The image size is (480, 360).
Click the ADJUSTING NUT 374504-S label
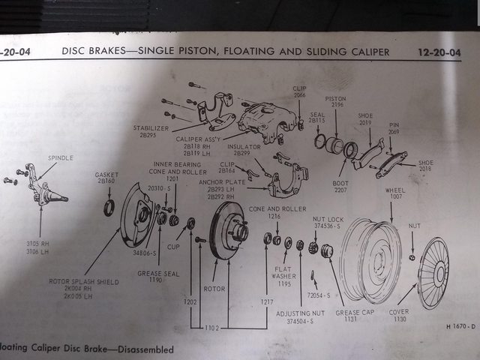[301, 316]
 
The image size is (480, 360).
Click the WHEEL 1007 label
[394, 194]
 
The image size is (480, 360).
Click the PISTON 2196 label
[334, 102]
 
